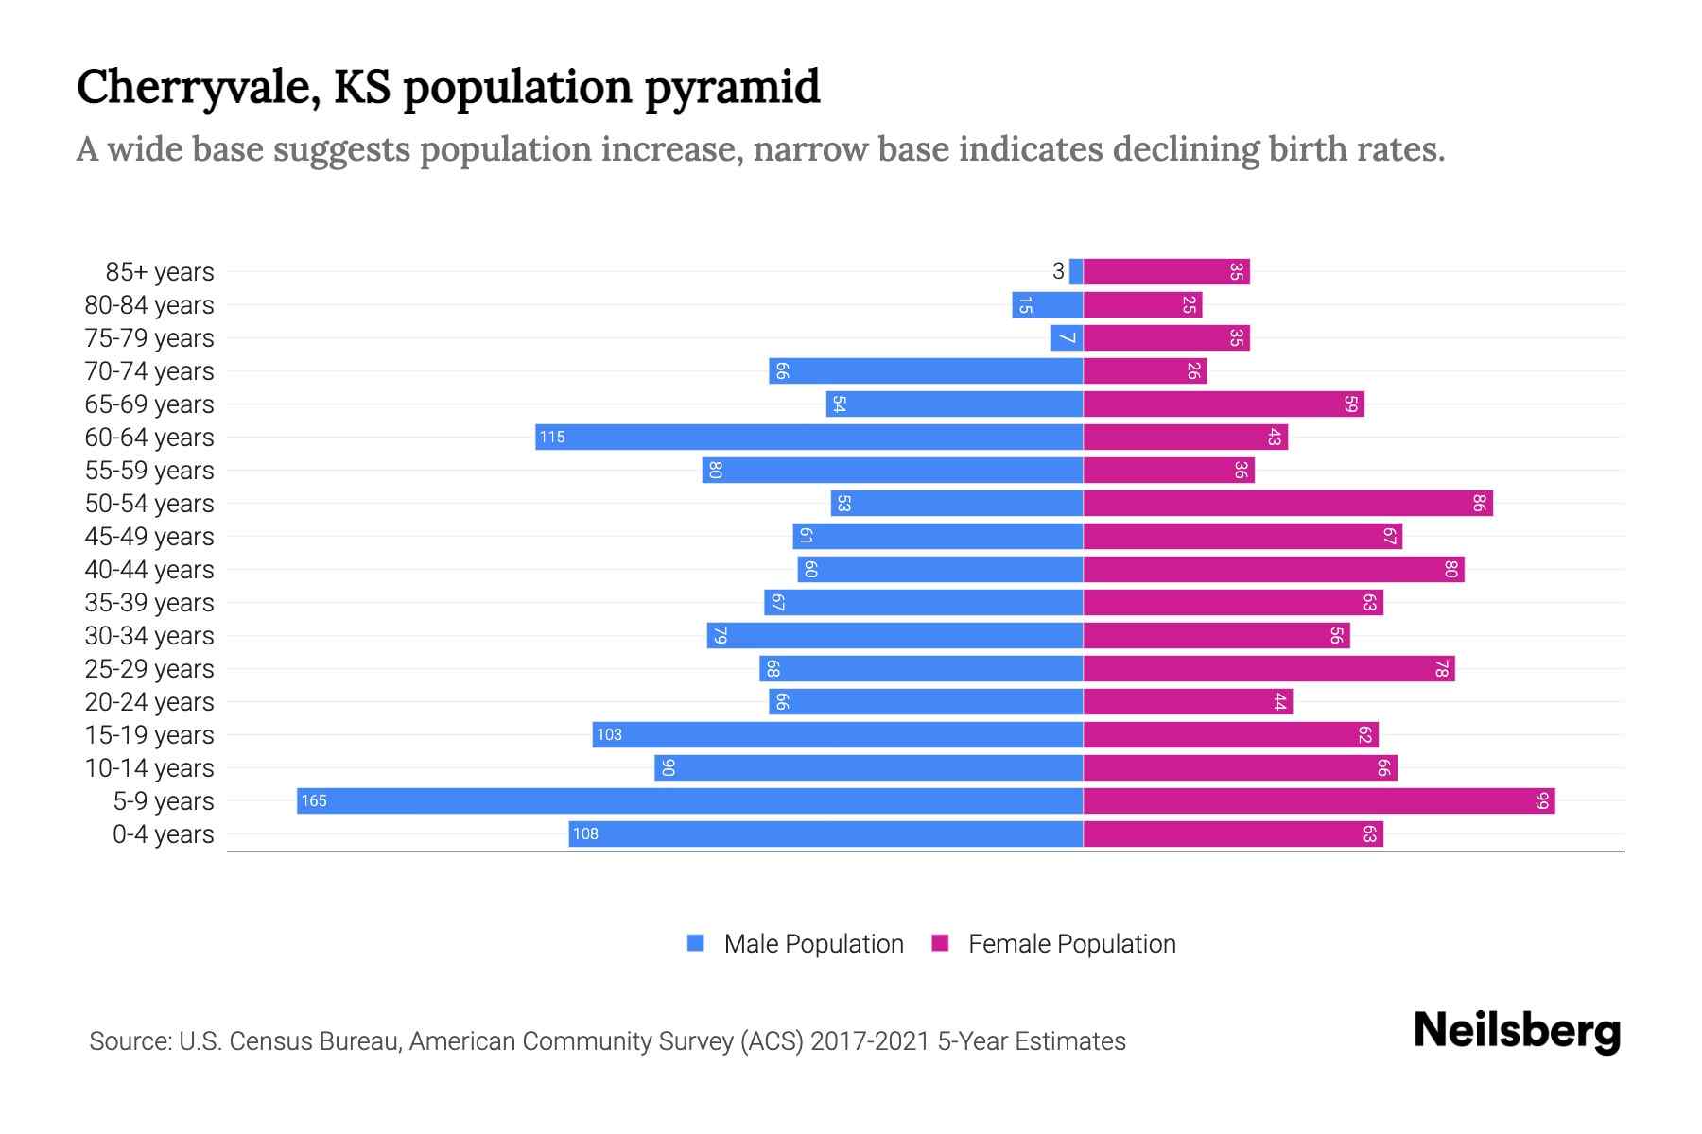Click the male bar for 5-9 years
click(690, 800)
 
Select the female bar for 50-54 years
click(1288, 503)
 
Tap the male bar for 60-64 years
click(809, 437)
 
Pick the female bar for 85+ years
click(1167, 271)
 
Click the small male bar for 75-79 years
click(1067, 337)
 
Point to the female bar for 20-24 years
click(1188, 701)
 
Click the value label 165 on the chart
click(314, 801)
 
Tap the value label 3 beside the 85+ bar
click(1058, 271)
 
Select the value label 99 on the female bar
click(1542, 801)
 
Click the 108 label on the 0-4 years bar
click(585, 833)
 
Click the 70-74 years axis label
click(149, 371)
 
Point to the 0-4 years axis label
click(163, 834)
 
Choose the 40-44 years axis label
click(149, 570)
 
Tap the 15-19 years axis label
click(149, 735)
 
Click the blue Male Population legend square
click(696, 943)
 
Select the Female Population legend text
click(1071, 944)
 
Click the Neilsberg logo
click(1517, 1031)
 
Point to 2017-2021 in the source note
click(870, 1041)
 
